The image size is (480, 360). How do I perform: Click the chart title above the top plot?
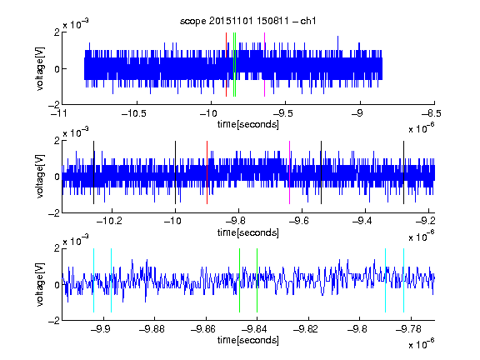(x=247, y=21)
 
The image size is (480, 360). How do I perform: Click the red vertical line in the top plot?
(x=226, y=65)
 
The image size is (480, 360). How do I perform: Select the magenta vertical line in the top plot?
(x=264, y=65)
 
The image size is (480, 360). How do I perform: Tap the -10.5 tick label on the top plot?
(x=134, y=114)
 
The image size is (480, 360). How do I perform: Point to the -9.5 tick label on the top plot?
(x=283, y=114)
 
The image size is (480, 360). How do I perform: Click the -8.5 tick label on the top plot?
(x=432, y=114)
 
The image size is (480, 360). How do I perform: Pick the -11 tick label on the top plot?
(x=59, y=114)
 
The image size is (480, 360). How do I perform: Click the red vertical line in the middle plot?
(x=207, y=172)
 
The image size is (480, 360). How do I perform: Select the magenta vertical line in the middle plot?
(x=290, y=172)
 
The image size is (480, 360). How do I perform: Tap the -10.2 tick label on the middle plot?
(x=109, y=221)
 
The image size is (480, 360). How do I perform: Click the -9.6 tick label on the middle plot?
(x=299, y=221)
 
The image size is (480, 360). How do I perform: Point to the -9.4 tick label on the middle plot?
(x=362, y=221)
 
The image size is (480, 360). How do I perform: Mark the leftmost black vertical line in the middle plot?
(x=93, y=172)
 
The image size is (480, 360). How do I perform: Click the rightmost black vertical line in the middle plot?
(x=404, y=172)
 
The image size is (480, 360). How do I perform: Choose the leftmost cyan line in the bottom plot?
(x=93, y=280)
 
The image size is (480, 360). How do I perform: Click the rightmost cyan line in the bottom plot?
(x=404, y=280)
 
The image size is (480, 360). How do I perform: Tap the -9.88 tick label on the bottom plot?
(x=152, y=329)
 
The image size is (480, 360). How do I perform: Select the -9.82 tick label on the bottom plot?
(x=306, y=329)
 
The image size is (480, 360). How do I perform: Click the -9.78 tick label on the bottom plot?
(x=408, y=329)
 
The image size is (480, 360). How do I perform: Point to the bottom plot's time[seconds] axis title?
(x=248, y=340)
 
